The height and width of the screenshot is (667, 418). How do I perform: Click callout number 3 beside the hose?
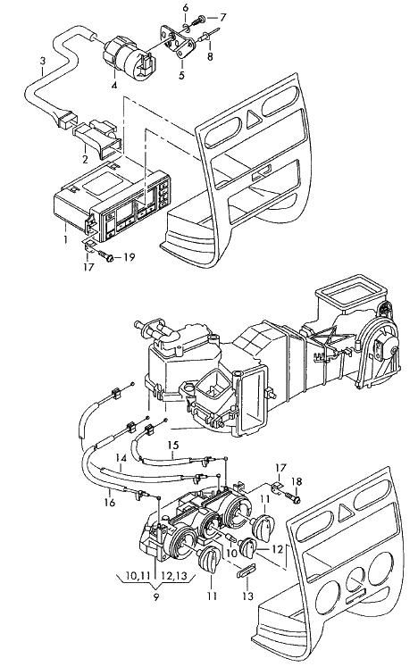[x=43, y=61]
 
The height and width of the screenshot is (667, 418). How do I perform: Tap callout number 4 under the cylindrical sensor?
[x=113, y=86]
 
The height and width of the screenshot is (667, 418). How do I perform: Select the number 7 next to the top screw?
[x=222, y=18]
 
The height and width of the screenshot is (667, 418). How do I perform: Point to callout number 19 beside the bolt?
[x=129, y=257]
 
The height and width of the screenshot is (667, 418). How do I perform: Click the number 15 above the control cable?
[x=172, y=446]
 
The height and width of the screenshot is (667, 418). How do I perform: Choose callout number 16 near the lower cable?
[x=109, y=503]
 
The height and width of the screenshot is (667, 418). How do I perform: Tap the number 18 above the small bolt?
[x=297, y=481]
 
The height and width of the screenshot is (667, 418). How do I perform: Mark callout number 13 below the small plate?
[x=247, y=596]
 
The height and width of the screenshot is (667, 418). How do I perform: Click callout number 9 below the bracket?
[x=156, y=596]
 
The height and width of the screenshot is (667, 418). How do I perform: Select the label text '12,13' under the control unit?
[x=174, y=576]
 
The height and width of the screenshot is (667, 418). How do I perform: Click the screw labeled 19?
[x=105, y=256]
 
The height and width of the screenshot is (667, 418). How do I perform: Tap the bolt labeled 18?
[x=293, y=496]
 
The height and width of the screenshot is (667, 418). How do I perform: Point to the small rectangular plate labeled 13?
[x=246, y=570]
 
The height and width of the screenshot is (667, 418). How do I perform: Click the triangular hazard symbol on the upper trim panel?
[x=254, y=118]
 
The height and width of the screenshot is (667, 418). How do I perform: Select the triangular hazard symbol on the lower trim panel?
[x=346, y=513]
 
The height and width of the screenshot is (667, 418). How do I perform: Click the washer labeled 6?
[x=187, y=29]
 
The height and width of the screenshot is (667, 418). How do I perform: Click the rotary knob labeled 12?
[x=248, y=548]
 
